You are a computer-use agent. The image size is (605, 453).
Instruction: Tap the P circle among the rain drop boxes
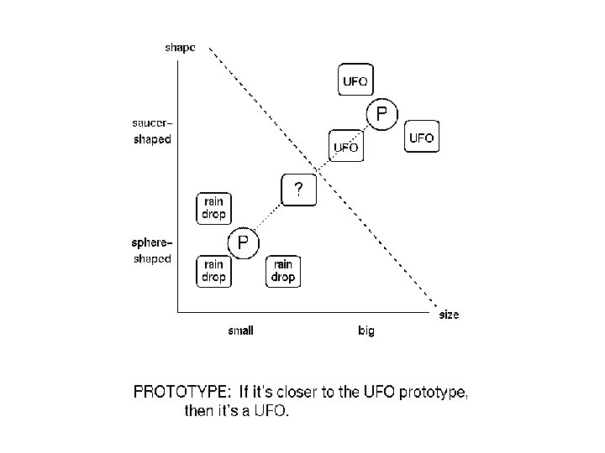coord(242,243)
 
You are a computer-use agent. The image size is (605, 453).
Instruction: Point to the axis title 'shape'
coord(179,48)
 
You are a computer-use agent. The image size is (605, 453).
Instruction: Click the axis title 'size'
coord(450,315)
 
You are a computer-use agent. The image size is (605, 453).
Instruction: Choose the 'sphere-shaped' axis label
coord(152,251)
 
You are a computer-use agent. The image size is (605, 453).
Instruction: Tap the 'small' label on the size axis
coord(240,331)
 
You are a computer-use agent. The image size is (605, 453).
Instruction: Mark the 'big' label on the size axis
coord(366,331)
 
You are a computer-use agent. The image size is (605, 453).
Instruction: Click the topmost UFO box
coord(354,81)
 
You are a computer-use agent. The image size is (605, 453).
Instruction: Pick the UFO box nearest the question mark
coord(346,147)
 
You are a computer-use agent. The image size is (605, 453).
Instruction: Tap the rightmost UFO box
coord(422,138)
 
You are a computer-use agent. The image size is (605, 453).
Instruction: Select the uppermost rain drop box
coord(213,207)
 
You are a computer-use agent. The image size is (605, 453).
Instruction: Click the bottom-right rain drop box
coord(283,271)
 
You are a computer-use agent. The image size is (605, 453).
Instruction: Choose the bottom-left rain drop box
coord(213,271)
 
